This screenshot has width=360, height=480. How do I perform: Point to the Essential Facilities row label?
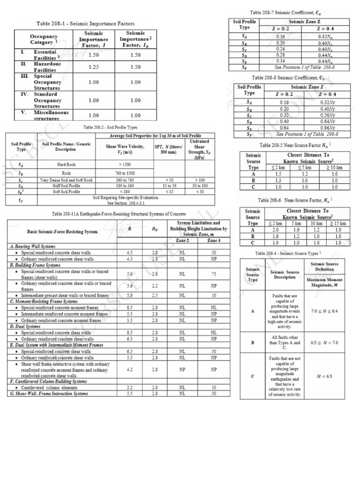[45, 55]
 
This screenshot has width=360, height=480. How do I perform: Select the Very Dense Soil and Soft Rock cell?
[66, 180]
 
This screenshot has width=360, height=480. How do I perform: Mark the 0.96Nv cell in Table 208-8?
[326, 127]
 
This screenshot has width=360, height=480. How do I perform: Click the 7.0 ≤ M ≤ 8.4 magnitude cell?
[328, 310]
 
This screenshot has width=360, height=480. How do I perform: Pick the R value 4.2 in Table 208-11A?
[129, 369]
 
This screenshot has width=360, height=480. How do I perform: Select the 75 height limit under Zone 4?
[213, 274]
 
